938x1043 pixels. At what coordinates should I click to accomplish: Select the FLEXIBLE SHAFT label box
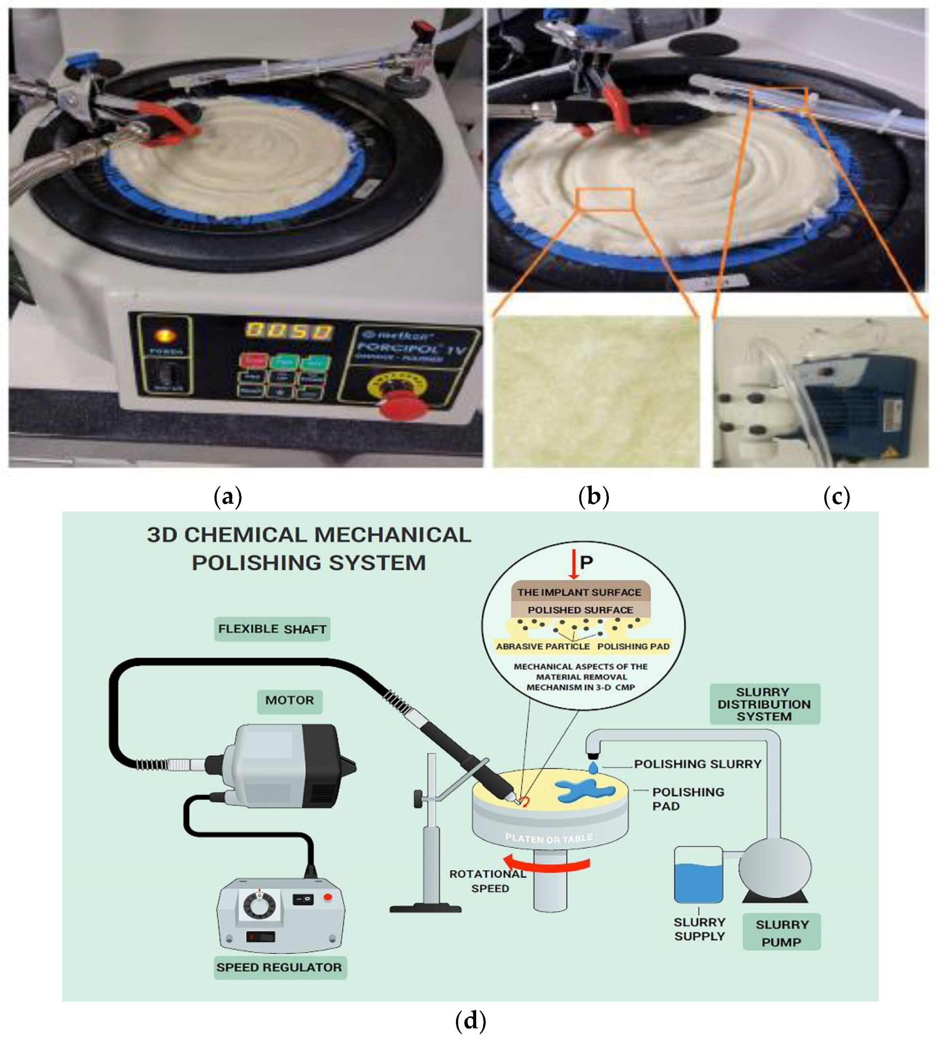[272, 629]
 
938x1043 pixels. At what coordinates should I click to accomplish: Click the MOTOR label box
[290, 700]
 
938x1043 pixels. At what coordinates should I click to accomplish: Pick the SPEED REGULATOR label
[279, 967]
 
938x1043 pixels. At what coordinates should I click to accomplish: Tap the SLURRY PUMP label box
[781, 933]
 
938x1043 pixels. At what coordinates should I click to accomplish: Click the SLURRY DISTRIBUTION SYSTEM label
[764, 704]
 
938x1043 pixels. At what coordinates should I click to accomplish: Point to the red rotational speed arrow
[546, 863]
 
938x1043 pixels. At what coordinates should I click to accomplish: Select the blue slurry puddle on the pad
[585, 791]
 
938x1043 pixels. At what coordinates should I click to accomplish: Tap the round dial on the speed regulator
[259, 905]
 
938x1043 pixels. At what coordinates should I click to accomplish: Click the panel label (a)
[228, 497]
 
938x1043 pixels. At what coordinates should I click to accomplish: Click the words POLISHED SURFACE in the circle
[580, 610]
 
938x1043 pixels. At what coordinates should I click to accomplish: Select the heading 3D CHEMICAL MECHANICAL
[309, 535]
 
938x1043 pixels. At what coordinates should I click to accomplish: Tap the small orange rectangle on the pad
[604, 199]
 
